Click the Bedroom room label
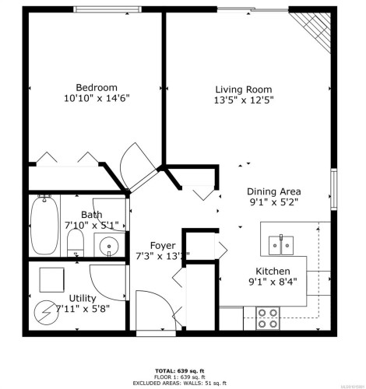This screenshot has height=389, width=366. point(97,87)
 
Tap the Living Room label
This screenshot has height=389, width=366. point(244,89)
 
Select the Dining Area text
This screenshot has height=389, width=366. point(273,191)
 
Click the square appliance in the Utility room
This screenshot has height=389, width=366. point(52,278)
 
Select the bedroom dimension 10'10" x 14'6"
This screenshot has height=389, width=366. point(97,100)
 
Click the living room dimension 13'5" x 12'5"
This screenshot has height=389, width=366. point(244,101)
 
